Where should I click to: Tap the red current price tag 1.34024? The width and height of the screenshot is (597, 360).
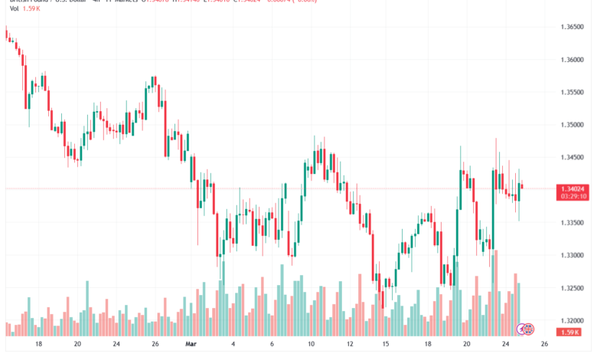[x=573, y=188]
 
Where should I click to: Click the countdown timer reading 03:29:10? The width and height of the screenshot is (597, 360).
[x=573, y=196]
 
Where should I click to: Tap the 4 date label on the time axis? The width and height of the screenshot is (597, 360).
[x=232, y=345]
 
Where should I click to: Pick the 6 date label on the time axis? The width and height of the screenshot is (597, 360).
[x=272, y=345]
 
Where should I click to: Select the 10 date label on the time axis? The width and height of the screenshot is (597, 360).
[x=312, y=345]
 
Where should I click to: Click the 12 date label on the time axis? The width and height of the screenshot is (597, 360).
[x=350, y=345]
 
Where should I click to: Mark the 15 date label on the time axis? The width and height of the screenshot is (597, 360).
[x=387, y=345]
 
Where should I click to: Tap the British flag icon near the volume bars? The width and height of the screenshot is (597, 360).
[x=524, y=329]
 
